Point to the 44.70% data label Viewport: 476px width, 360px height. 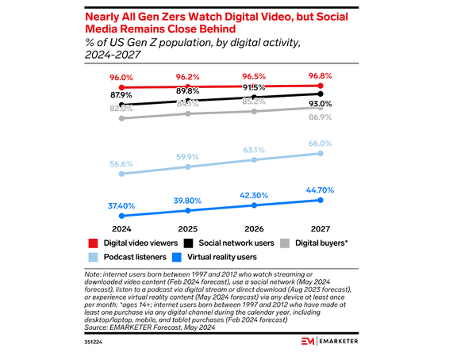tap(320, 190)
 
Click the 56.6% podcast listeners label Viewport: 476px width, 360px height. tap(121, 164)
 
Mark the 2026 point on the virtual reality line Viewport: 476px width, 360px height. tap(254, 205)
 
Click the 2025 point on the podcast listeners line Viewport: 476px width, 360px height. tap(187, 167)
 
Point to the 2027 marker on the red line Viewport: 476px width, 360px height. tap(321, 85)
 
